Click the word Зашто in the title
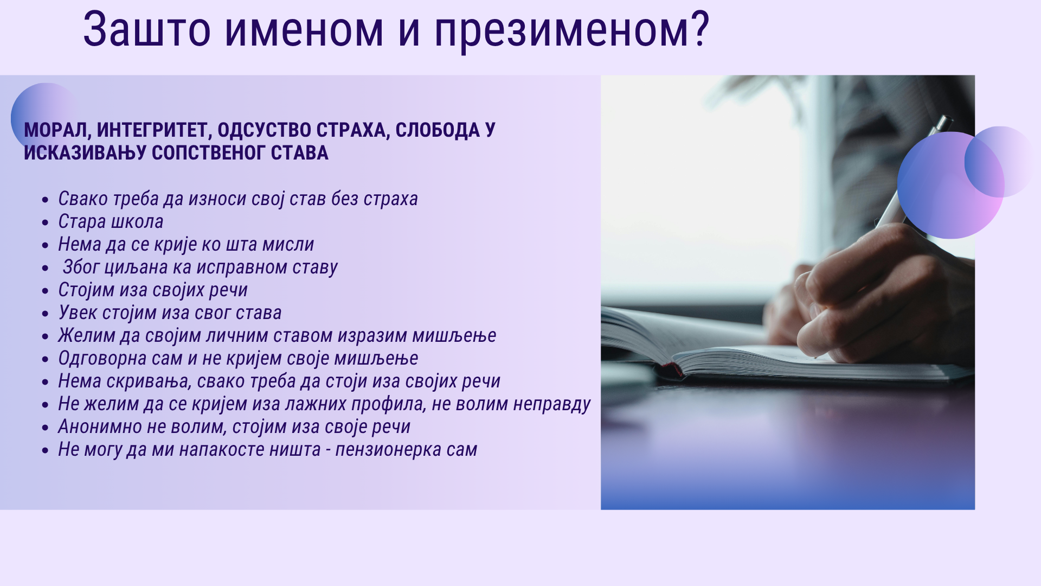pyautogui.click(x=146, y=30)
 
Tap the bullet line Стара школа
pyautogui.click(x=111, y=221)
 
